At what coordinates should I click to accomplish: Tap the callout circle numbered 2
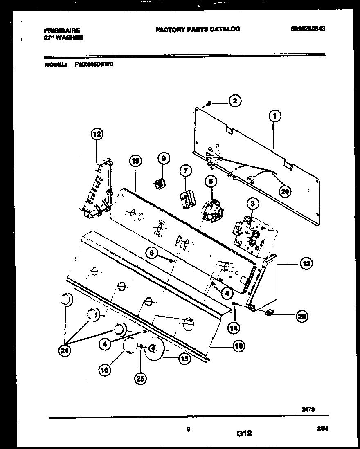pyautogui.click(x=234, y=101)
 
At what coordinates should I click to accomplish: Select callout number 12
pyautogui.click(x=97, y=134)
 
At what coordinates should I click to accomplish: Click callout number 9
pyautogui.click(x=163, y=159)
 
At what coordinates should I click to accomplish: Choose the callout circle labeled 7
pyautogui.click(x=184, y=171)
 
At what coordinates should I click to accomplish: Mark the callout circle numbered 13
pyautogui.click(x=305, y=264)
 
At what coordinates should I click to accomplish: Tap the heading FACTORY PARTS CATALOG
pyautogui.click(x=198, y=29)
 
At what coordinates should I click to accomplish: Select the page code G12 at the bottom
pyautogui.click(x=244, y=433)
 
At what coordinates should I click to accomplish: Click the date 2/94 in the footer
pyautogui.click(x=322, y=428)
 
